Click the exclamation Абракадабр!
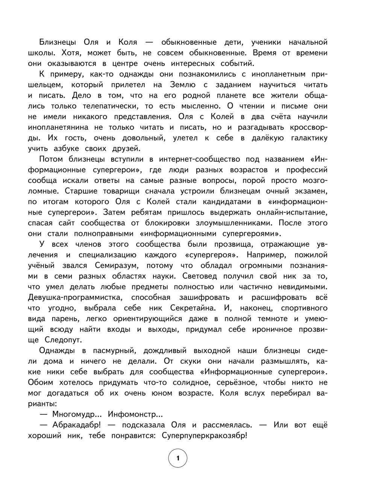[x=76, y=425]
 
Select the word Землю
[x=191, y=85]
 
